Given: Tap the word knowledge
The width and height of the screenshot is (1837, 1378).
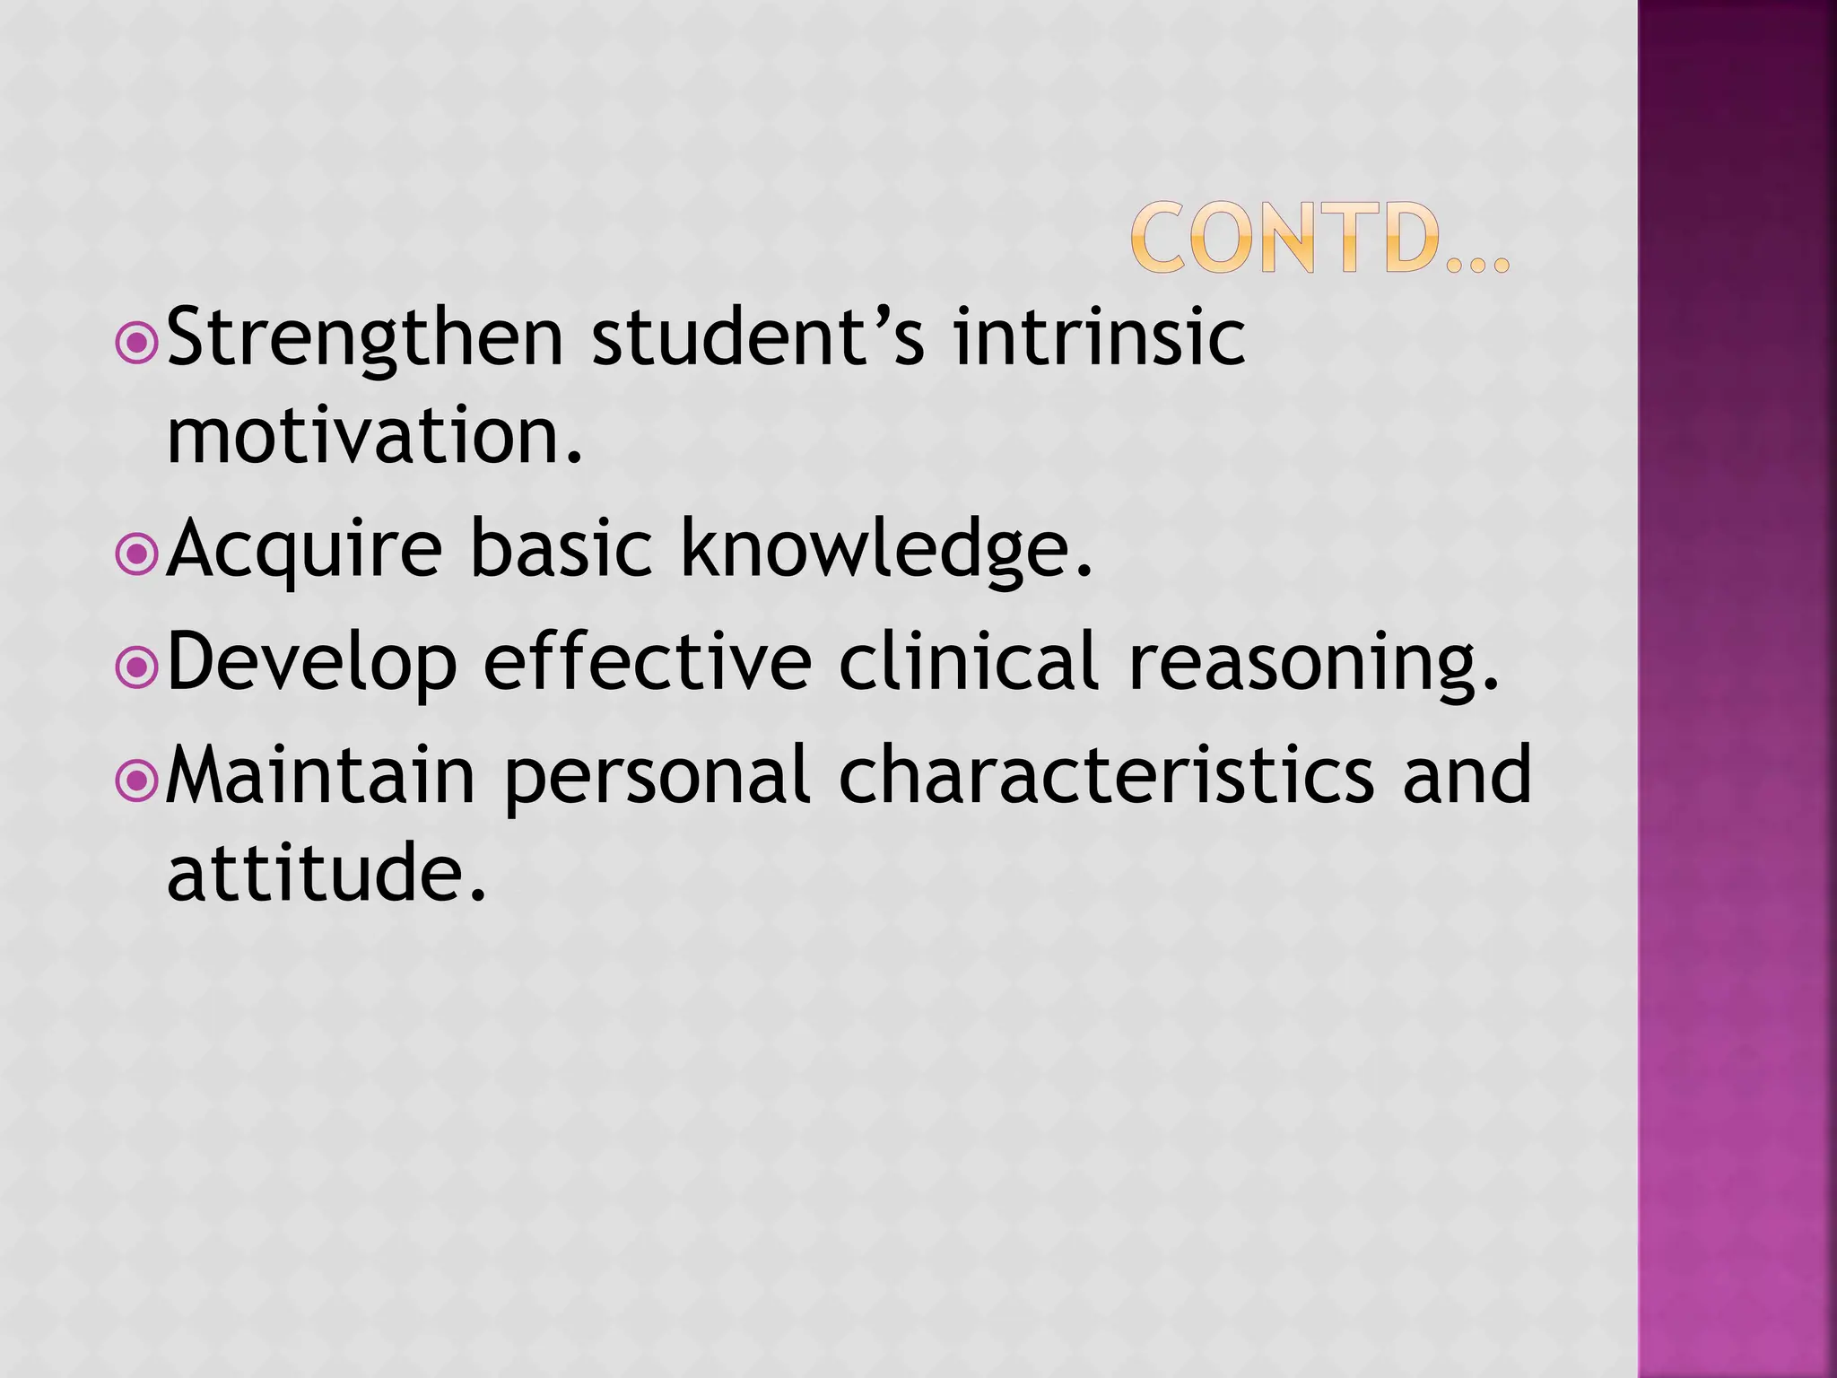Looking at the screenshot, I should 886,550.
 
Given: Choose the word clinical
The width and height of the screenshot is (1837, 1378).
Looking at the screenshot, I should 969,661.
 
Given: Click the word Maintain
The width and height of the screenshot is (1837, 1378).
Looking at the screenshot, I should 320,774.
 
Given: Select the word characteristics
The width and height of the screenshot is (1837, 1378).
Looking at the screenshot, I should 1106,774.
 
